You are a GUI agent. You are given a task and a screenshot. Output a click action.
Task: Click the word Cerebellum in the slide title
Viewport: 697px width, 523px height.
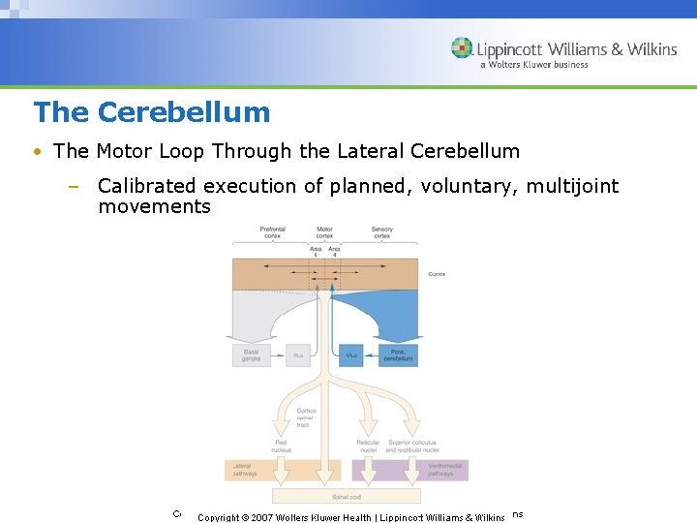[184, 112]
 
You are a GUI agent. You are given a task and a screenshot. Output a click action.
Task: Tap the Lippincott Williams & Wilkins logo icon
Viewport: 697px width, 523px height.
[462, 48]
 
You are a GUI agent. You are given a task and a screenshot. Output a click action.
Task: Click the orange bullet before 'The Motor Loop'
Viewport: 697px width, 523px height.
[36, 152]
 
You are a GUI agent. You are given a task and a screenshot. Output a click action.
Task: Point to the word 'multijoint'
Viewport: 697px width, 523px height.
[572, 186]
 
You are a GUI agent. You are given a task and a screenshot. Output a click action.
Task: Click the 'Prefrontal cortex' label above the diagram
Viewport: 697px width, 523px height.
[272, 232]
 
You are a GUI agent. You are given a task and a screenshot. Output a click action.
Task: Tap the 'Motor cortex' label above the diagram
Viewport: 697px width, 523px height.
[324, 232]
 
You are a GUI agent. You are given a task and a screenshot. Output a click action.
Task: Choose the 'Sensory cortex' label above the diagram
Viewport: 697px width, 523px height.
[382, 232]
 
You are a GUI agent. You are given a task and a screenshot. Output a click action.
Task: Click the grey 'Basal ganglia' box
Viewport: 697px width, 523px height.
[251, 355]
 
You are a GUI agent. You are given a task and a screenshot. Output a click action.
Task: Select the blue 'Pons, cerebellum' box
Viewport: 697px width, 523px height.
[397, 355]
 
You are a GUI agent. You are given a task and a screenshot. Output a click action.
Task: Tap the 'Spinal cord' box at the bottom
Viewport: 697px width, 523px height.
[325, 496]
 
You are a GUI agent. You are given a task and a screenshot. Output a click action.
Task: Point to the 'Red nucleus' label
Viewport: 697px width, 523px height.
[281, 446]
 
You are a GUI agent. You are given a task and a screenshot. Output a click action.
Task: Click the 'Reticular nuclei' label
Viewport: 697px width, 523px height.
[368, 446]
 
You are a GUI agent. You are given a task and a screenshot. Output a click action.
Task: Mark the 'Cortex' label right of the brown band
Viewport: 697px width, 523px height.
[437, 274]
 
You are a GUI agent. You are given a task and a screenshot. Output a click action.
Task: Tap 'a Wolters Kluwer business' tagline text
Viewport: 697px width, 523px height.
[533, 65]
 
